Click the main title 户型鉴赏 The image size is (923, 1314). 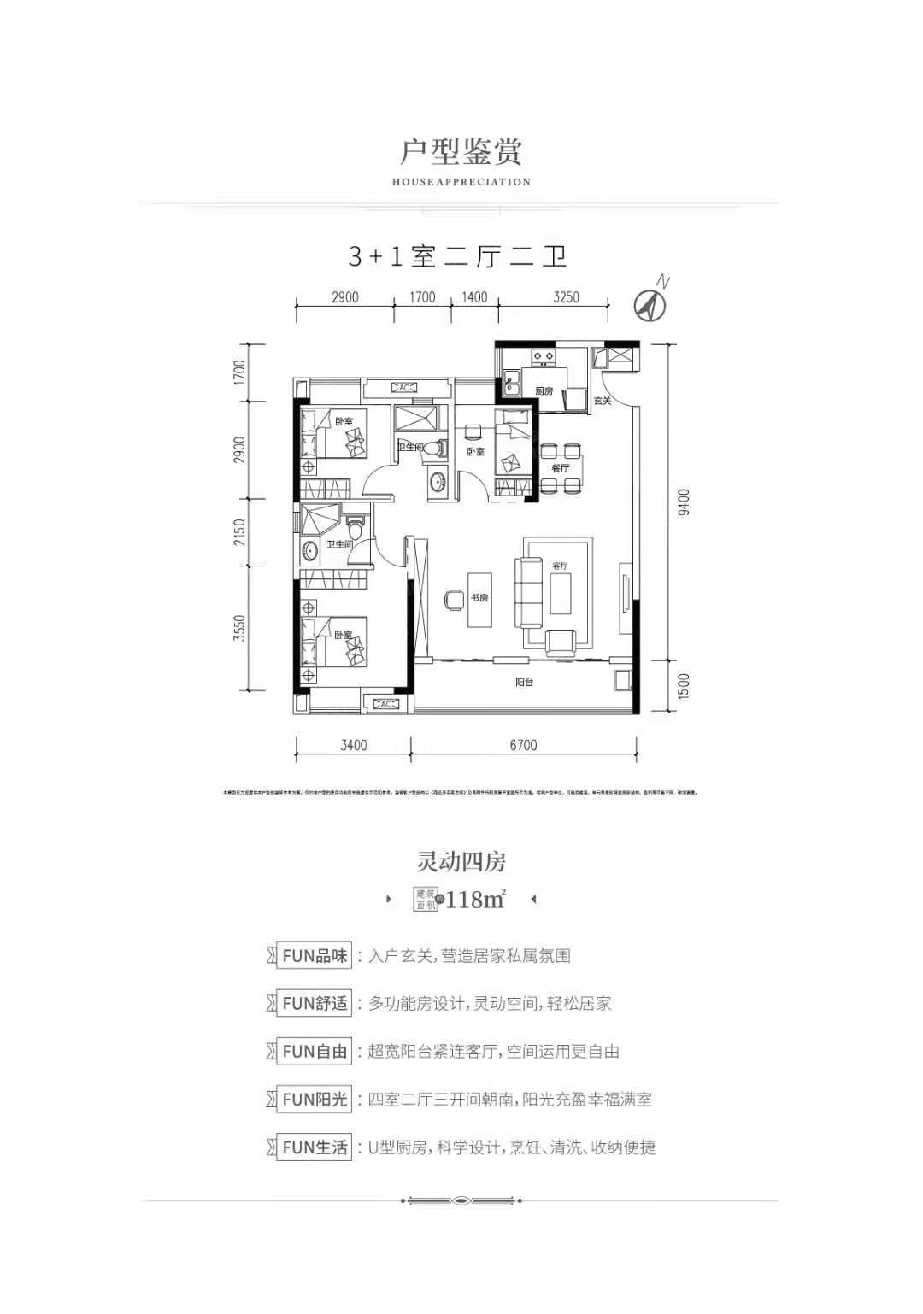click(x=461, y=151)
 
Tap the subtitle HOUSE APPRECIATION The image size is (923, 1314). click(x=461, y=182)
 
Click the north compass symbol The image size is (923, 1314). click(x=651, y=302)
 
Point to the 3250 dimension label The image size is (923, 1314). click(x=566, y=297)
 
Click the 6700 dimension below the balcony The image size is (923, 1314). click(x=523, y=745)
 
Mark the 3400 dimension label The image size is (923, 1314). click(x=353, y=745)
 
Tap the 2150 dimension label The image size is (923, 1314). click(x=240, y=532)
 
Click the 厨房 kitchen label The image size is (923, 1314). click(x=545, y=390)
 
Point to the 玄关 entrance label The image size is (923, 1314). click(x=603, y=400)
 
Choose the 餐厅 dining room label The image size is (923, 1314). click(x=561, y=468)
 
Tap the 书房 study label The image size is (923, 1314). click(x=479, y=598)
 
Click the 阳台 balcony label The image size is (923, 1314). click(x=525, y=683)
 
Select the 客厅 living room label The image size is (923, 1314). click(x=561, y=566)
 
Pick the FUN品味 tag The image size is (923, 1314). click(x=315, y=956)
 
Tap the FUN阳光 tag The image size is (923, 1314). click(x=315, y=1100)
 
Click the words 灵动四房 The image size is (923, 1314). click(x=461, y=862)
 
